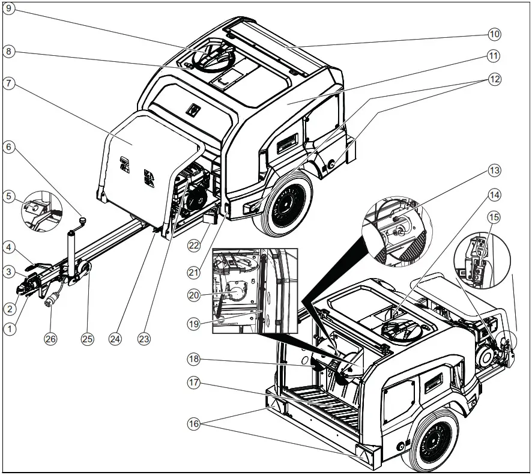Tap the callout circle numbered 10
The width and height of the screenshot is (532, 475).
coord(494,34)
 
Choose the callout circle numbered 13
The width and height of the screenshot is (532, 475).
coord(494,171)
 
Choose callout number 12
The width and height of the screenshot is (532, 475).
coord(494,79)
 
